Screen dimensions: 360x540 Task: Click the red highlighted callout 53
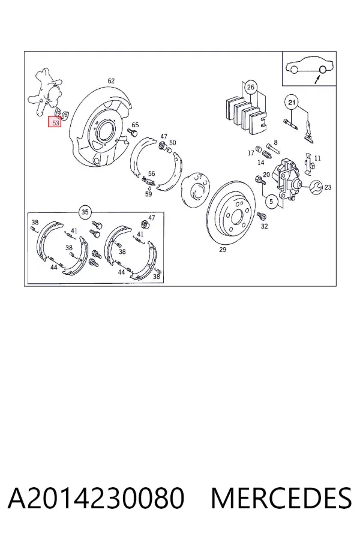coord(55,122)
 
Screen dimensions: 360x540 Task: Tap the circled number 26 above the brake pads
coord(250,87)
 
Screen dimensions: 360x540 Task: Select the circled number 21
coord(292,102)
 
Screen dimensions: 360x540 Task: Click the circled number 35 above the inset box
coord(85,212)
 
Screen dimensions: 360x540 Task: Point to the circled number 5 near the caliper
coord(271,201)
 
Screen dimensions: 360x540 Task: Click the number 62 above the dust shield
coord(111,81)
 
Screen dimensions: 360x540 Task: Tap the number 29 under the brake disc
coord(223,250)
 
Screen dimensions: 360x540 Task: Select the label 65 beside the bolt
coord(135,125)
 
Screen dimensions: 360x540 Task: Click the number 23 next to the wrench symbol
coord(328,187)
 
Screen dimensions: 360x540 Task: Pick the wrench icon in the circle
coord(316,187)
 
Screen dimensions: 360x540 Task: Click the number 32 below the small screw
coord(264,226)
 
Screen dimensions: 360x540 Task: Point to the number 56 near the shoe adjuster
coord(152,173)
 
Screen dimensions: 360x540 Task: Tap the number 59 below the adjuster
coord(148,194)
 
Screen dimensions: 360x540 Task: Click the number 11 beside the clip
coord(317,158)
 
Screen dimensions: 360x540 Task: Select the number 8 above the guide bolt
coord(275,142)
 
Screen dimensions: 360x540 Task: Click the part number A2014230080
coord(96,498)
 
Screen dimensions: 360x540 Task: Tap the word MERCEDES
coord(281,498)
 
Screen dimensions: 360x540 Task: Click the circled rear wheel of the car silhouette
coord(323,69)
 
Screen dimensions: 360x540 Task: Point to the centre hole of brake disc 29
coord(236,217)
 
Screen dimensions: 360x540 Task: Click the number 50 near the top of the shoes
coord(173,143)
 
